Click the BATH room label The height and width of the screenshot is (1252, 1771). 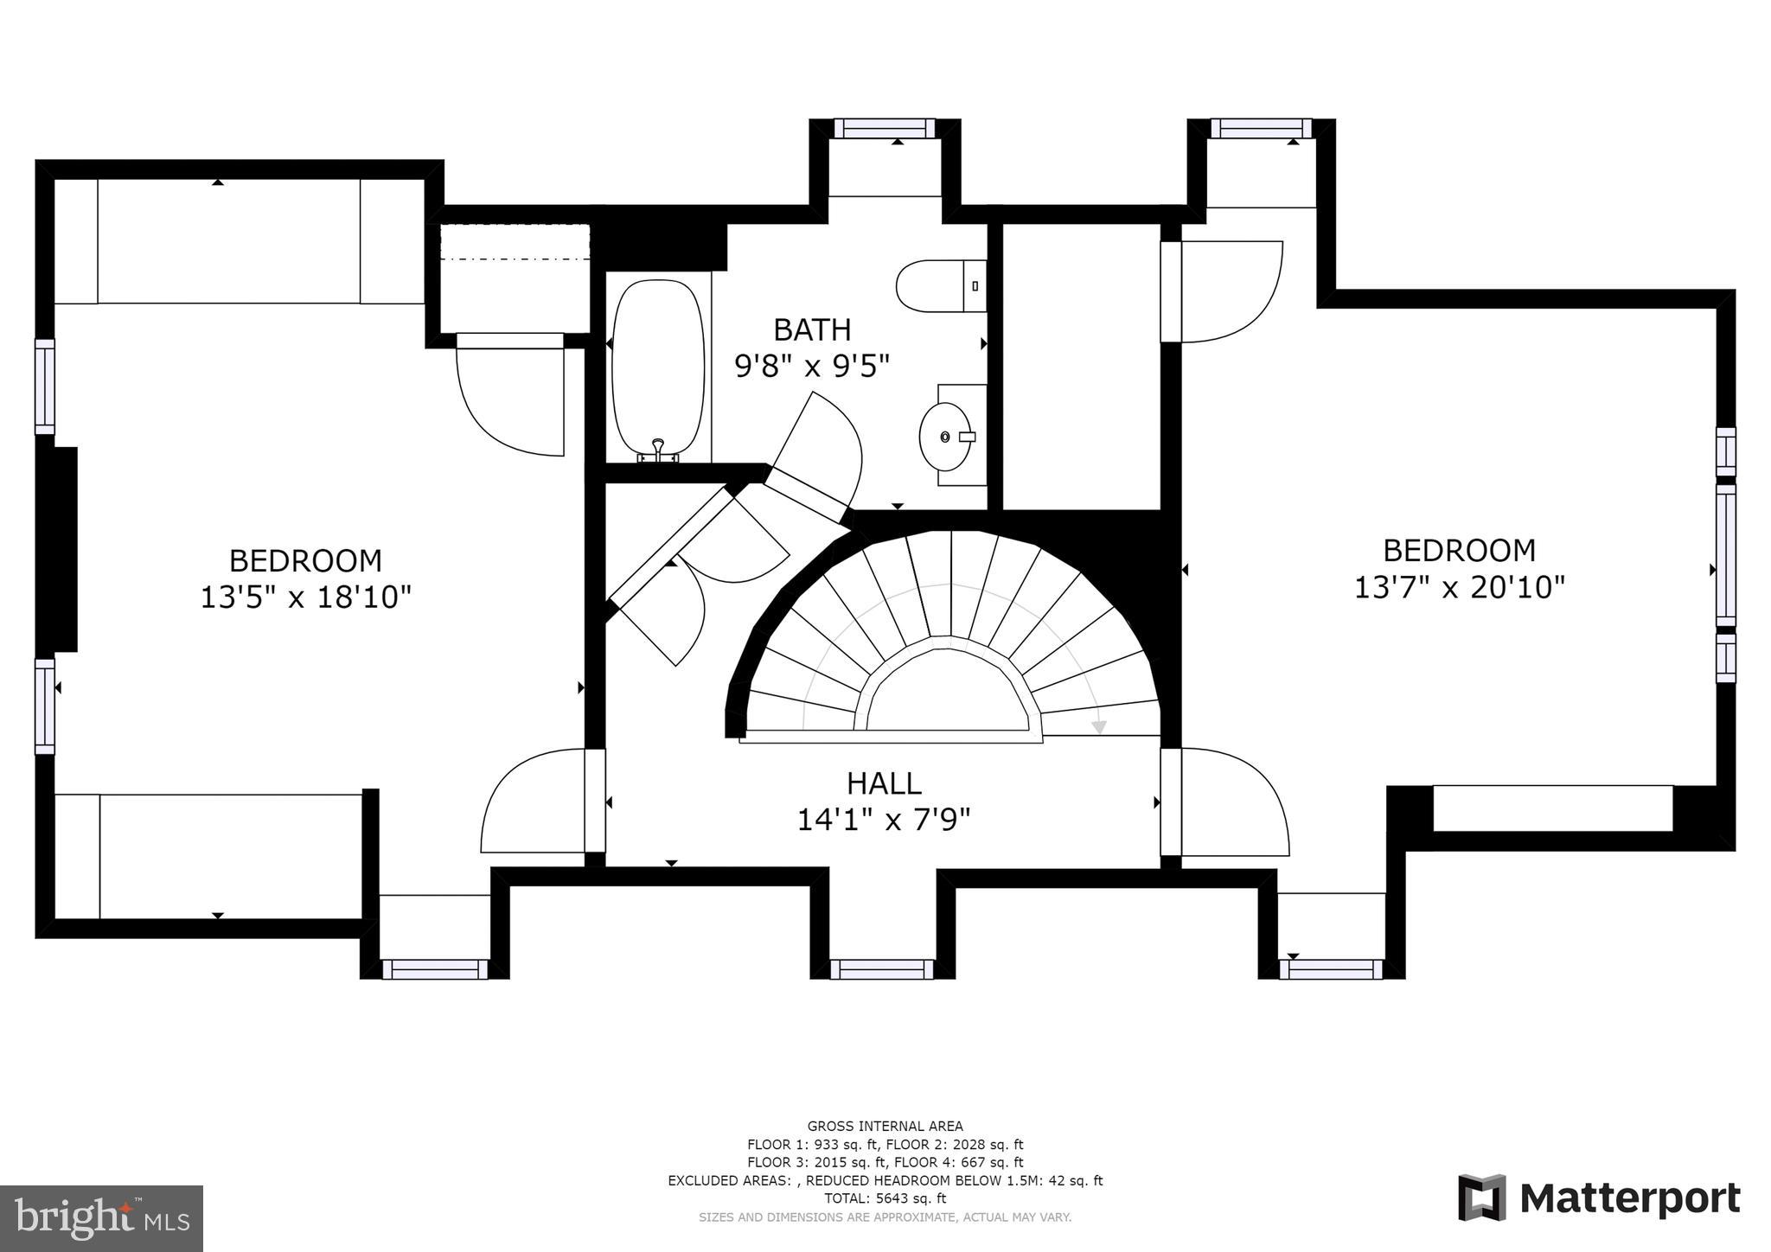click(812, 329)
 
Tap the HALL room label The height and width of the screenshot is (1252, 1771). click(884, 783)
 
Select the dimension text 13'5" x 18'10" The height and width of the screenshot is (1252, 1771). click(305, 597)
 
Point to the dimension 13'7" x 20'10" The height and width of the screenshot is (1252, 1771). click(1460, 587)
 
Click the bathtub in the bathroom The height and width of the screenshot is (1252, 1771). click(657, 367)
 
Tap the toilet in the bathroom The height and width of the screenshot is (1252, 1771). click(941, 286)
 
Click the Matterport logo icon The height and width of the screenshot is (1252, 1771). click(1481, 1198)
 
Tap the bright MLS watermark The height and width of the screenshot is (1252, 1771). click(101, 1218)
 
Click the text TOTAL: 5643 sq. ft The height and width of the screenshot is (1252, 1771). click(885, 1198)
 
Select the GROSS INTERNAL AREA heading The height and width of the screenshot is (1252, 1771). click(885, 1126)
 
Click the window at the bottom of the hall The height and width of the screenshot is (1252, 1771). click(883, 969)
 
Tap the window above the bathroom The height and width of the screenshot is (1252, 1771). click(885, 128)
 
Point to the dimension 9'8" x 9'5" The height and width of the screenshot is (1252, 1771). click(812, 367)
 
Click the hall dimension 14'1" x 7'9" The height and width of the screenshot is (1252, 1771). click(884, 820)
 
